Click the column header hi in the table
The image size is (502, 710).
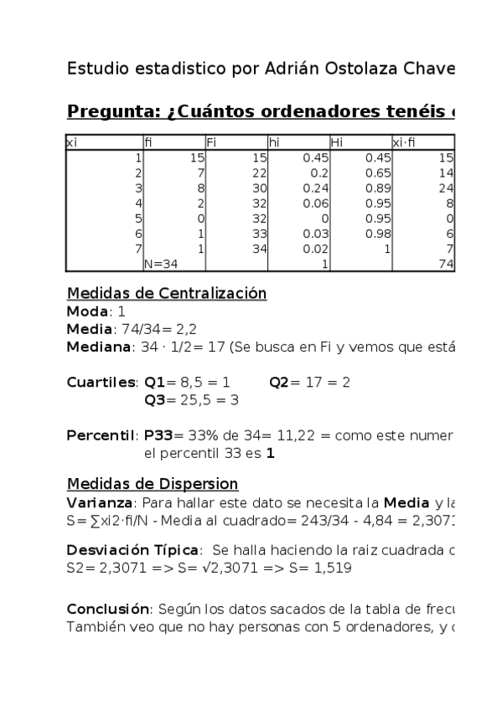point(273,142)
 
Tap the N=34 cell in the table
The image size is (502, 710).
point(163,264)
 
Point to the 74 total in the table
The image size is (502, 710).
point(446,264)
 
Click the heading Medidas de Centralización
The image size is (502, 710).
point(166,293)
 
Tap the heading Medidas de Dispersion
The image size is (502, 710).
point(152,484)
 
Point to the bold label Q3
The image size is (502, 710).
point(155,399)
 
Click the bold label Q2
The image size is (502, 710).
point(280,382)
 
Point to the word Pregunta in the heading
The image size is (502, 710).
point(108,111)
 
